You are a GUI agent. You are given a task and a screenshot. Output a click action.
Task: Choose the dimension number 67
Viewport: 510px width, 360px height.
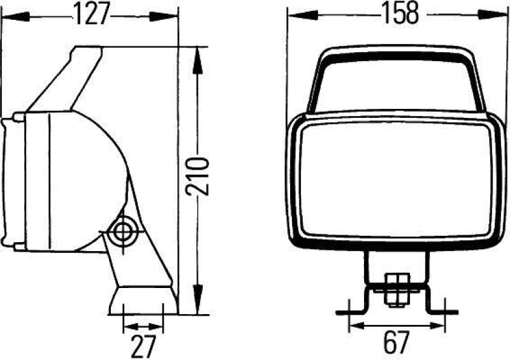coord(396,344)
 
